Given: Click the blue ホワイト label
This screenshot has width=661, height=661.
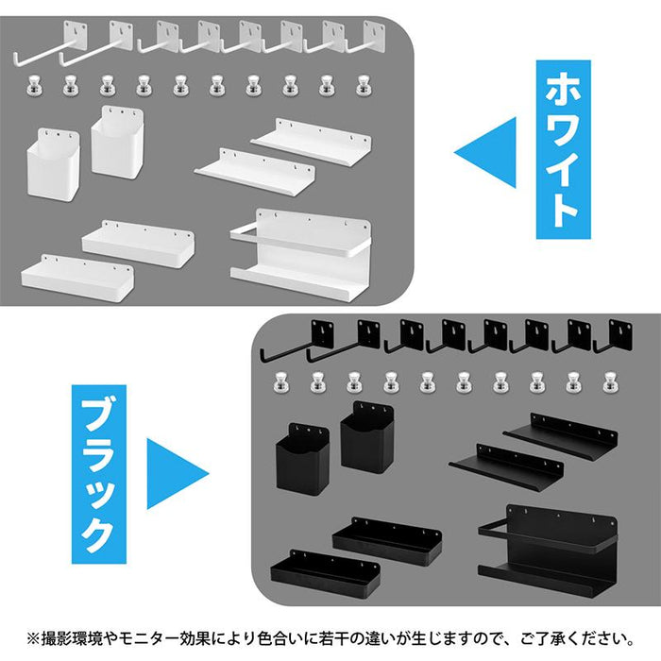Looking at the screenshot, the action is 563,149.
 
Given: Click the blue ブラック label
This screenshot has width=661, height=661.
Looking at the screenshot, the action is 99,474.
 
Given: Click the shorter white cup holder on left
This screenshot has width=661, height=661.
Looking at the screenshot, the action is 54,164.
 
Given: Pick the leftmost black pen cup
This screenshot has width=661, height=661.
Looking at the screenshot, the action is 302,459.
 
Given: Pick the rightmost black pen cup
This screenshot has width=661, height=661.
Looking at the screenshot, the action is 366,436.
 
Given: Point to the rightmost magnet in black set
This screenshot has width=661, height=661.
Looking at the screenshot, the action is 610,382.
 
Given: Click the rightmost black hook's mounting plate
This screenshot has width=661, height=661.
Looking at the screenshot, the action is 621,334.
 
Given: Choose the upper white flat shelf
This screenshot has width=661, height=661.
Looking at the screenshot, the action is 312,142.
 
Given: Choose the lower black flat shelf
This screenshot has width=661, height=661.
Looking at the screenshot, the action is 506,466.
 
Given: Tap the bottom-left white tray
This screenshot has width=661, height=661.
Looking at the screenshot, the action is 77,277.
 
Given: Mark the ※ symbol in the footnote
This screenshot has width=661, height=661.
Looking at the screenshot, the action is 33,639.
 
